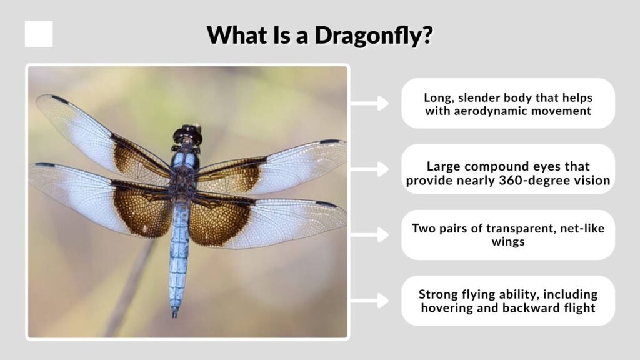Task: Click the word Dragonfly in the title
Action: [374, 36]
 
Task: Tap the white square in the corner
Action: [39, 34]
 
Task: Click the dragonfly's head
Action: [187, 135]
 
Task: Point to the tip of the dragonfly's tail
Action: [175, 316]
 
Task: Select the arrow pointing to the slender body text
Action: [369, 103]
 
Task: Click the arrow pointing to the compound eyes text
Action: [369, 169]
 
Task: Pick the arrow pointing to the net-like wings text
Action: [369, 235]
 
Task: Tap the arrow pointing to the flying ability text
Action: [369, 301]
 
